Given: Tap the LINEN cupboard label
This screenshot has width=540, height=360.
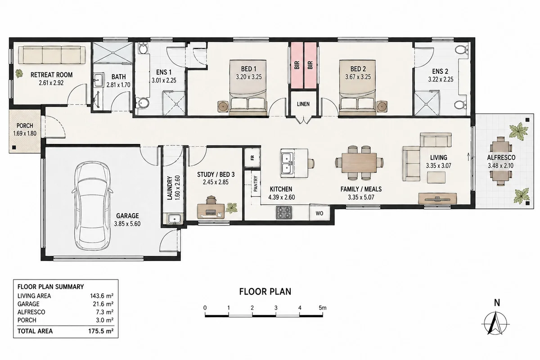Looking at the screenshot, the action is pyautogui.click(x=303, y=104).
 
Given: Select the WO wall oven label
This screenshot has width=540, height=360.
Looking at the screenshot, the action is pyautogui.click(x=319, y=213).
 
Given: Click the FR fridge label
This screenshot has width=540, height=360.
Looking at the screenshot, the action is pyautogui.click(x=252, y=157).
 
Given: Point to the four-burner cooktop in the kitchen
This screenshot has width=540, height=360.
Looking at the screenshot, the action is pyautogui.click(x=284, y=213).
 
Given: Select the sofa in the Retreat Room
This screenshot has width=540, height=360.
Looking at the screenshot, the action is pyautogui.click(x=52, y=55).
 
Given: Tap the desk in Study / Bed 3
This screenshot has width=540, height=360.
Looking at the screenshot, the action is pyautogui.click(x=211, y=211).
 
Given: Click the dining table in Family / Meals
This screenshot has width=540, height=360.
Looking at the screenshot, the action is pyautogui.click(x=359, y=163).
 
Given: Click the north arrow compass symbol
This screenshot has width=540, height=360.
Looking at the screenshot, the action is pyautogui.click(x=495, y=324).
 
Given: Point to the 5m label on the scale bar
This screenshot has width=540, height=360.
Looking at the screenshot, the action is pyautogui.click(x=323, y=308).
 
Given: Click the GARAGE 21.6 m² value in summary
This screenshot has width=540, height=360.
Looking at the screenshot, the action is pyautogui.click(x=103, y=304).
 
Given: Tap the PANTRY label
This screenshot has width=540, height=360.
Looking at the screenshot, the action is pyautogui.click(x=256, y=184).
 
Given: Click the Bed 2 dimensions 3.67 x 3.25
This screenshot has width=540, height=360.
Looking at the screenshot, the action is pyautogui.click(x=358, y=77).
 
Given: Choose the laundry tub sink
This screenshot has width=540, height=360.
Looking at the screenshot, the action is pyautogui.click(x=174, y=219).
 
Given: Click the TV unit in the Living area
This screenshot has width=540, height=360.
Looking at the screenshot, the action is pyautogui.click(x=437, y=199).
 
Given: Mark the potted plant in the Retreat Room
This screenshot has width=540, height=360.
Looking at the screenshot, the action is pyautogui.click(x=19, y=73).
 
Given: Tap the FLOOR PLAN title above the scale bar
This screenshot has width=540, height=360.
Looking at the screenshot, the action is pyautogui.click(x=265, y=292).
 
